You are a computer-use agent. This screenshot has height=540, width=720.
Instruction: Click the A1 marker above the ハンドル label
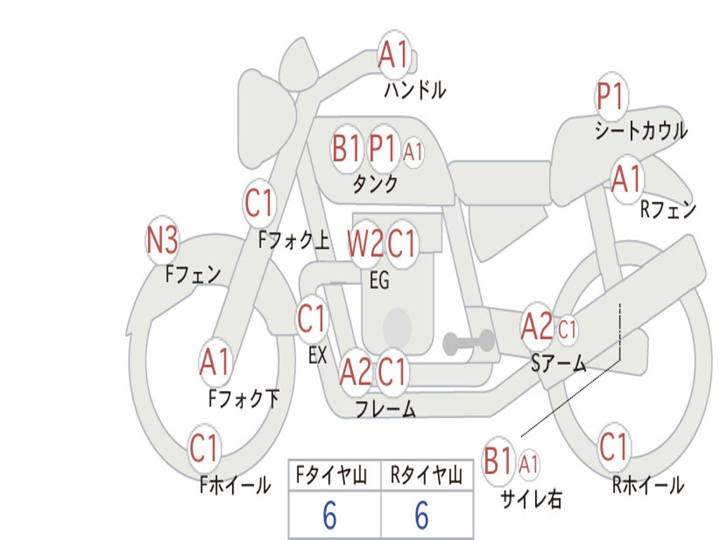click(x=394, y=55)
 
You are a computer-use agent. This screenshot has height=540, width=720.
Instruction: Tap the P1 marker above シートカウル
click(x=611, y=97)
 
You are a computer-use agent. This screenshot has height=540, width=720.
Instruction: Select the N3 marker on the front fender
click(x=162, y=241)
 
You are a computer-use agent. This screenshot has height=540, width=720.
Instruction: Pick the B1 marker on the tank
click(x=347, y=148)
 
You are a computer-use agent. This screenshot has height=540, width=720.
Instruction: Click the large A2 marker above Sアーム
click(x=538, y=327)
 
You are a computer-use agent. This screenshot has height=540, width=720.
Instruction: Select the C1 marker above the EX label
click(x=312, y=319)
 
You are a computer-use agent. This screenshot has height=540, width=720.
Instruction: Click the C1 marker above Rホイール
click(x=614, y=446)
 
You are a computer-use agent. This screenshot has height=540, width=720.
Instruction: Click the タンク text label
click(x=375, y=184)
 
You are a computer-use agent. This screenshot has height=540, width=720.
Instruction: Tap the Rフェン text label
click(x=667, y=210)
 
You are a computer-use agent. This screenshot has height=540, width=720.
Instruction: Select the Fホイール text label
click(x=235, y=485)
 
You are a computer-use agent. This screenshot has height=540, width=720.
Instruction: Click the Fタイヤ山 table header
click(x=335, y=477)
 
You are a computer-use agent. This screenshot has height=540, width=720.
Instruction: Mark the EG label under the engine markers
click(x=379, y=281)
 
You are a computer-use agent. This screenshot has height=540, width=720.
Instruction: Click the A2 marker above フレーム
click(x=356, y=373)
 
